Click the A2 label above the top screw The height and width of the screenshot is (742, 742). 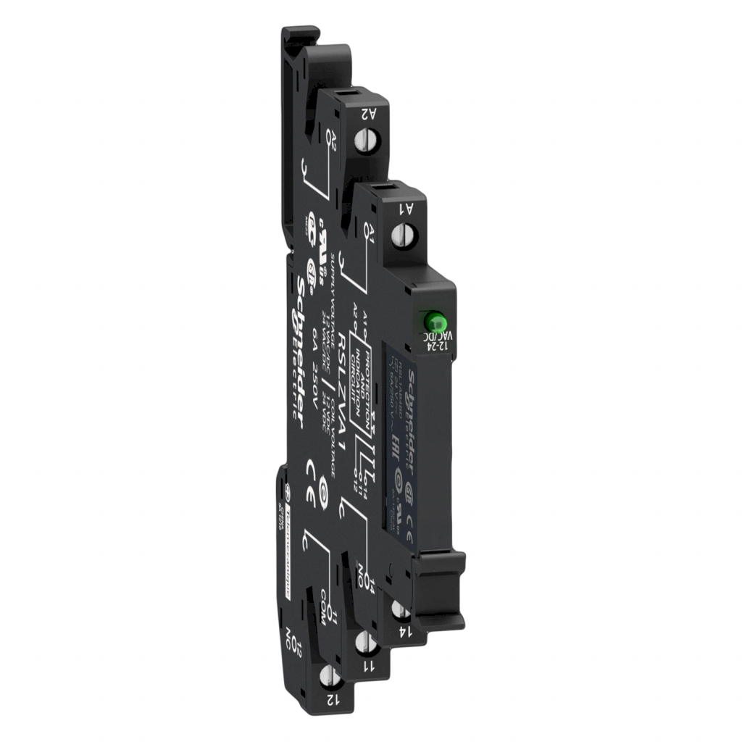(368, 114)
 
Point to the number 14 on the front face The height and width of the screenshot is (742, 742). (407, 631)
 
